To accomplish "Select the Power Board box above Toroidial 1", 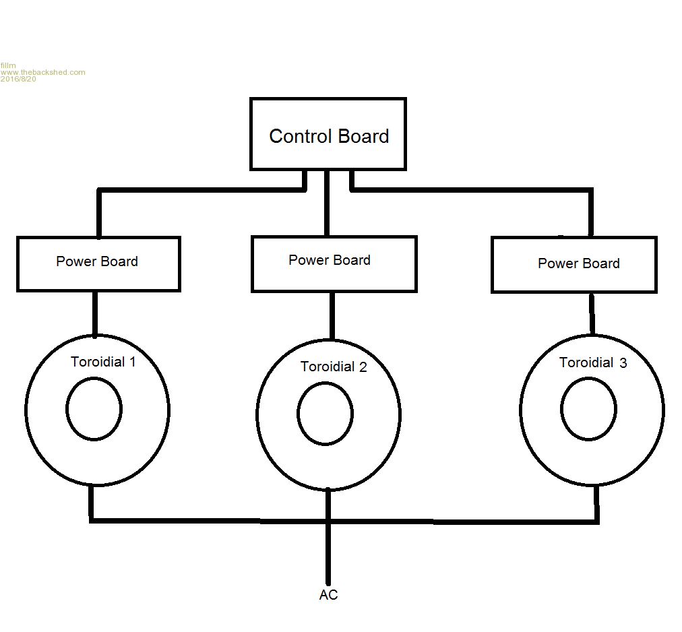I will coord(98,263).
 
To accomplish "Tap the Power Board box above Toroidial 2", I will coord(334,263).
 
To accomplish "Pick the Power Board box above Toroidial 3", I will coord(574,264).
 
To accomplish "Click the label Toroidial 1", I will coord(103,362).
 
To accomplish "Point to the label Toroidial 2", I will coord(334,367).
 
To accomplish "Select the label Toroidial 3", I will coord(593,362).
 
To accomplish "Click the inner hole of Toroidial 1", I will coord(94,409).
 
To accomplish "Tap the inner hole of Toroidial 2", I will coord(325,414).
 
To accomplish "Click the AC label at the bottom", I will coord(328,595).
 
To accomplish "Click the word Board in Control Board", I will coord(363,136).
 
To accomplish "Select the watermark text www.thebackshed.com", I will coord(43,72).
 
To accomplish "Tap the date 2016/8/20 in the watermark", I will coord(18,79).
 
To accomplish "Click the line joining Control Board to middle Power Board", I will coord(327,202).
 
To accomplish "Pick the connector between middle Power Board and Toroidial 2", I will coord(332,315).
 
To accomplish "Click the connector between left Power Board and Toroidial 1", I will coord(94,313).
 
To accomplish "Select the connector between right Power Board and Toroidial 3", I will coord(592,313).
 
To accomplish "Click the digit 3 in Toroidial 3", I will coord(623,362).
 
